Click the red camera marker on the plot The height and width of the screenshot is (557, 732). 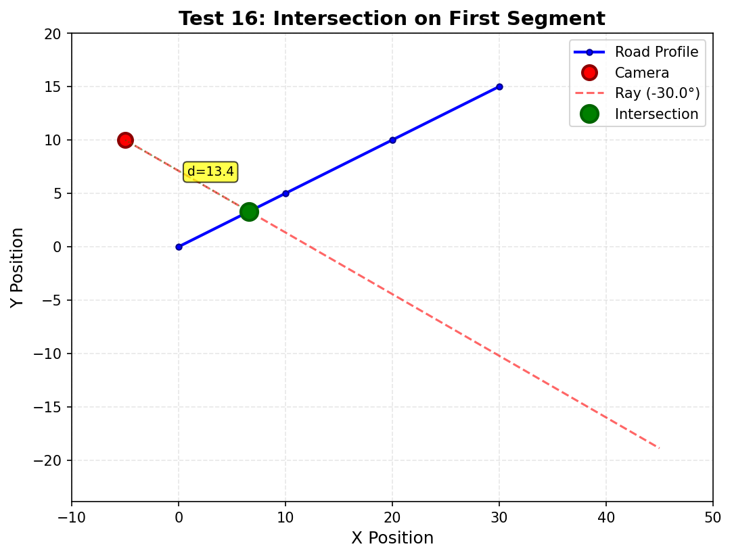125,140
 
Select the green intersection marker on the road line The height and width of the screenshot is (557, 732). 249,212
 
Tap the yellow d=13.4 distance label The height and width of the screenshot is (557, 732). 210,172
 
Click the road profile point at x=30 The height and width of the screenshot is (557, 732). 499,87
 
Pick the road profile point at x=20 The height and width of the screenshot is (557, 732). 392,140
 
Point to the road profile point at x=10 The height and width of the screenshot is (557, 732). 285,193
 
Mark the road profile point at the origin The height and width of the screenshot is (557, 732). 179,247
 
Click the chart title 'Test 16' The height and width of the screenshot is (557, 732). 392,18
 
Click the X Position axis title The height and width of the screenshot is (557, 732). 392,538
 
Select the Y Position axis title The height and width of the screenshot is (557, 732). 18,268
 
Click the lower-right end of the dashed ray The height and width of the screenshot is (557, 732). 659,447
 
